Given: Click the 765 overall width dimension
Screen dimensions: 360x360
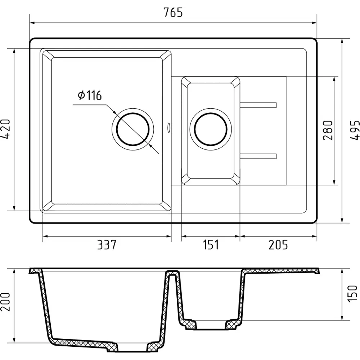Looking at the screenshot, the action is pyautogui.click(x=173, y=12).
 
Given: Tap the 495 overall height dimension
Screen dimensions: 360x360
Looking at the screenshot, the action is pyautogui.click(x=355, y=130).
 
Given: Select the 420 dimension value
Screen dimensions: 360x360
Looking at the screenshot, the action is pyautogui.click(x=5, y=129).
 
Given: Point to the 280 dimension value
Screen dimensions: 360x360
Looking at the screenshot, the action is pyautogui.click(x=328, y=130).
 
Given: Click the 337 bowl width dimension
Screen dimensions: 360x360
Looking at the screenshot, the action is pyautogui.click(x=107, y=245).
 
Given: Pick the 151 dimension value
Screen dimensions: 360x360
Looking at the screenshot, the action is pyautogui.click(x=211, y=245).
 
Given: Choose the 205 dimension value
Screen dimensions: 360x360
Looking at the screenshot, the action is pyautogui.click(x=278, y=245).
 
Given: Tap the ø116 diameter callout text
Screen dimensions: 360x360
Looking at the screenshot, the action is pyautogui.click(x=90, y=95).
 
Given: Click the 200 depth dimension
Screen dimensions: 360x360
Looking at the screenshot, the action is pyautogui.click(x=5, y=302).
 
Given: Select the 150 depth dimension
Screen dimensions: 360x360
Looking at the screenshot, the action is pyautogui.click(x=353, y=294).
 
